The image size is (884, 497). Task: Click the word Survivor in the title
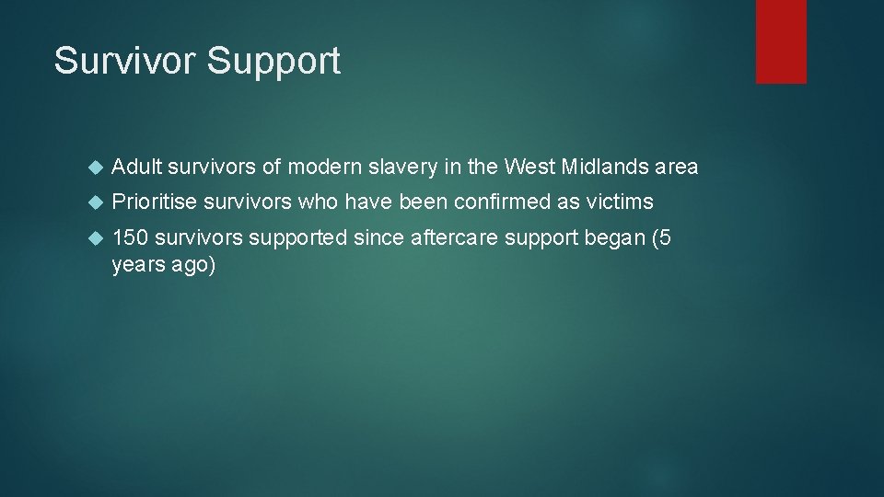[x=124, y=61]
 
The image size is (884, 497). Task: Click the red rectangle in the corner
[x=781, y=40]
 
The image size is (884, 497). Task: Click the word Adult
[x=134, y=167]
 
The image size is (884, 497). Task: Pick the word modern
[x=327, y=167]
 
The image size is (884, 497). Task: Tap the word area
[x=677, y=168]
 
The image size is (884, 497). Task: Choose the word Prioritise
[x=154, y=202]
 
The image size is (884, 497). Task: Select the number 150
[x=130, y=237]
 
